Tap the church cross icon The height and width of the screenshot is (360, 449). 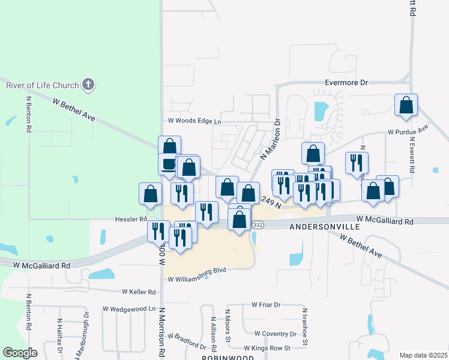click(x=88, y=84)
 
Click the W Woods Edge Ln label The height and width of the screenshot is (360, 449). click(x=194, y=121)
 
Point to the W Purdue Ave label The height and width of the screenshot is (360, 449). click(x=408, y=130)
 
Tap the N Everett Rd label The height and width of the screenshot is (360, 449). click(x=412, y=155)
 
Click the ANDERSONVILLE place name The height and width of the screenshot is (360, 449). click(x=325, y=227)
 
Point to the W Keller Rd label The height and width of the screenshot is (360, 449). click(x=139, y=292)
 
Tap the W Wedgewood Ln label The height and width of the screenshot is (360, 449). click(x=129, y=308)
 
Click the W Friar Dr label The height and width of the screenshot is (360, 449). click(x=266, y=305)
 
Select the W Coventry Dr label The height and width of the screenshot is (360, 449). click(x=276, y=334)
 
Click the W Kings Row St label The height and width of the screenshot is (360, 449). click(x=267, y=348)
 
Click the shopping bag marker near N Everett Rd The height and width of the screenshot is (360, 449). click(x=406, y=106)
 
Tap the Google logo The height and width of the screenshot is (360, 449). click(x=20, y=353)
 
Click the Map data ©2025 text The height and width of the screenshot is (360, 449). click(x=423, y=355)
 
